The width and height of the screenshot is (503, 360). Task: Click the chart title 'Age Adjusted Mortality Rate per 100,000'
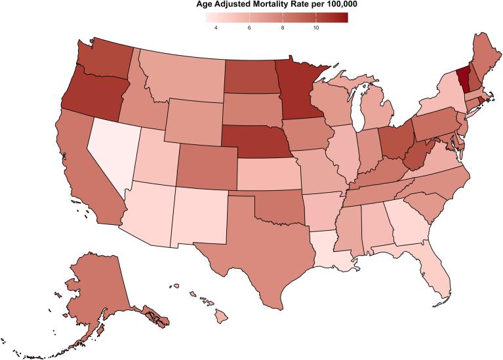[272, 5]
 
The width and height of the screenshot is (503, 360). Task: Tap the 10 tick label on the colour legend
[316, 28]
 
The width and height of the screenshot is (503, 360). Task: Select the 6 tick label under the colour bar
[249, 28]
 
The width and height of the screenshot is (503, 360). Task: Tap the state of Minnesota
[298, 89]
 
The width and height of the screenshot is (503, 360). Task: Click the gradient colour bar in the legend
[272, 18]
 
